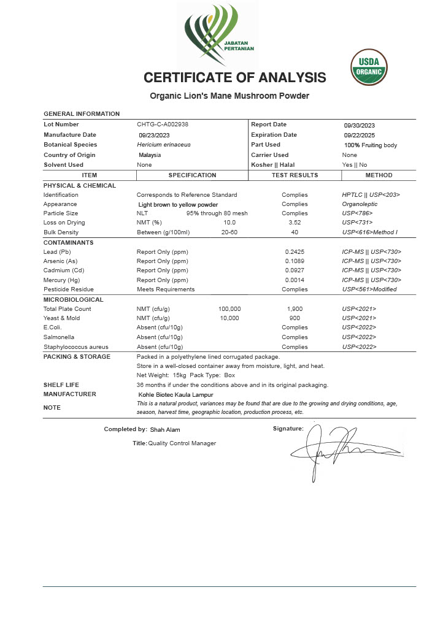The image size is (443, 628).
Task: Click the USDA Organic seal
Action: coord(369,67)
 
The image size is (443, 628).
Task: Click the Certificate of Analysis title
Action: coord(234,78)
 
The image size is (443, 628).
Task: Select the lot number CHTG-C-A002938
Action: coord(163,124)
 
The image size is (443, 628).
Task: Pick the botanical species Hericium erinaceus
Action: coord(164,145)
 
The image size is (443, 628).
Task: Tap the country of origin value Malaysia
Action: coord(150,155)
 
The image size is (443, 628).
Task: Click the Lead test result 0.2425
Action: coord(295,251)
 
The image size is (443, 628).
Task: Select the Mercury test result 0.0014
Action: coord(295,280)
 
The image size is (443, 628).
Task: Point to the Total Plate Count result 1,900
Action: coord(295,308)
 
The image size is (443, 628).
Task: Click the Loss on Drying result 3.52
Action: coord(295,223)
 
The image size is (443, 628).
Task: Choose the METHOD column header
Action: coord(379,175)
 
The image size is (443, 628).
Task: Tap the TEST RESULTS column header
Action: coord(295,175)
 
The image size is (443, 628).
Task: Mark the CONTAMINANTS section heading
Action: coord(68,242)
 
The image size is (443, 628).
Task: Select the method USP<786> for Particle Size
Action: coord(357,213)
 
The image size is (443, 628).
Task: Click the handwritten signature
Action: coord(344,451)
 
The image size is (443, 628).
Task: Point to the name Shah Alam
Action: coord(165,430)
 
